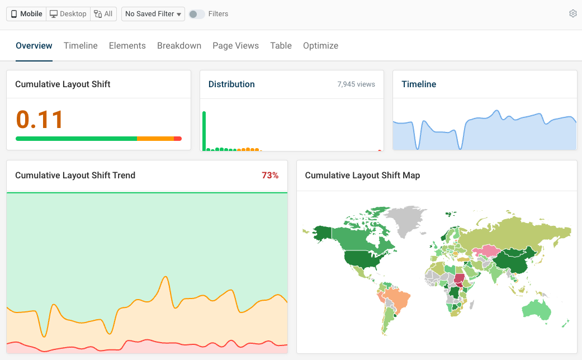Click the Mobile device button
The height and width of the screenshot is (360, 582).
[x=26, y=14]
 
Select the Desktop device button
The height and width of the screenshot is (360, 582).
[x=68, y=14]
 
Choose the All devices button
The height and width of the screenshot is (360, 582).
[x=103, y=14]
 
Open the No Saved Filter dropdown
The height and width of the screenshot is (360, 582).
[x=153, y=14]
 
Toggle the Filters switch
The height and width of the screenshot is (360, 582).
[x=196, y=14]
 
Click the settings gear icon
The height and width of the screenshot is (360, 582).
[x=572, y=14]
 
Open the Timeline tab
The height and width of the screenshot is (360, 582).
[x=81, y=46]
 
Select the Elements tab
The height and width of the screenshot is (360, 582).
[x=127, y=46]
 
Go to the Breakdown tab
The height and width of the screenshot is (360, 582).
[x=179, y=46]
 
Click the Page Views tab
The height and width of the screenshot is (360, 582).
[x=235, y=46]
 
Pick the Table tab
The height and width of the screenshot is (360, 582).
[x=281, y=46]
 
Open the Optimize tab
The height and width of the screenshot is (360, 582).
[x=320, y=46]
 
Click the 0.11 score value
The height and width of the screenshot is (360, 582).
[x=40, y=119]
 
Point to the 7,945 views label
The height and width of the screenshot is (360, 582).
[x=356, y=84]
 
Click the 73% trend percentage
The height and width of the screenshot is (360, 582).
[x=270, y=176]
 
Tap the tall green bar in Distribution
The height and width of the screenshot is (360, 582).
[x=204, y=131]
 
